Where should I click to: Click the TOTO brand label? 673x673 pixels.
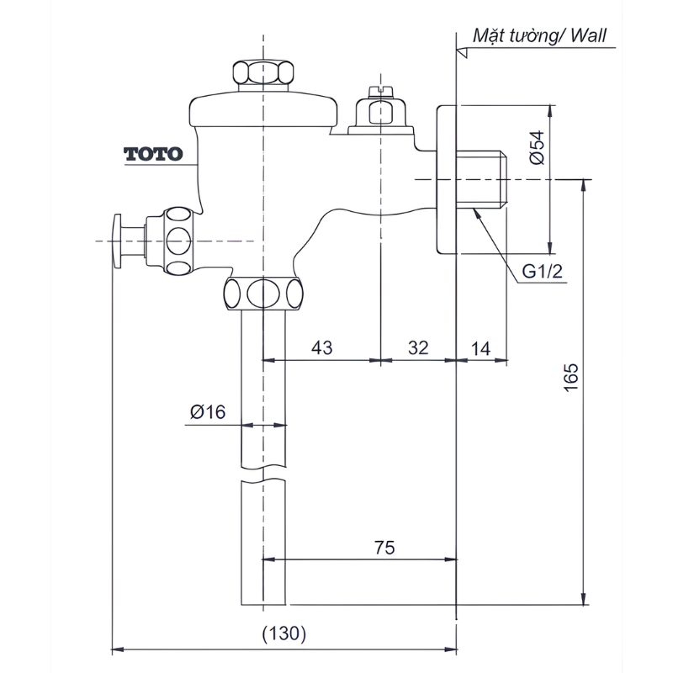[x=153, y=154]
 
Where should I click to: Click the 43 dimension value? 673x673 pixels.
[x=322, y=347]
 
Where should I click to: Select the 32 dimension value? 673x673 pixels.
[x=418, y=347]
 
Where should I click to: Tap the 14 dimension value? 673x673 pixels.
[x=482, y=347]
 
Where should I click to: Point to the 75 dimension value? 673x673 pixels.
[x=384, y=547]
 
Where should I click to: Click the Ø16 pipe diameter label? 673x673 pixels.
[x=208, y=411]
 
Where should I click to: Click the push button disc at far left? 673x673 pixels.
[x=117, y=241]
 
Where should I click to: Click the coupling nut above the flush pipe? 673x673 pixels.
[x=264, y=293]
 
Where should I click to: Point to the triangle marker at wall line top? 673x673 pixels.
[x=460, y=52]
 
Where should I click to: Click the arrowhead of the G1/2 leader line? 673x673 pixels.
[x=476, y=210]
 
